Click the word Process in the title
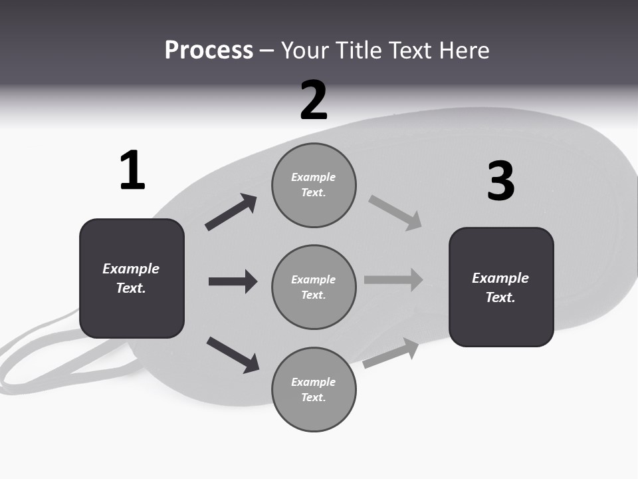pos(209,50)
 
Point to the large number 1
pos(132,171)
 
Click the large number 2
pos(314,100)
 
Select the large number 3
pos(500,181)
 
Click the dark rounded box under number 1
pos(132,278)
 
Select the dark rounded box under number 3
pos(501,287)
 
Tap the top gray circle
pos(314,185)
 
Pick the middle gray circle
pos(314,287)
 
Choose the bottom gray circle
pos(314,389)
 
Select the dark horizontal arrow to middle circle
pos(233,281)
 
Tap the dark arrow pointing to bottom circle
pos(233,354)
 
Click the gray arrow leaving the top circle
pos(395,213)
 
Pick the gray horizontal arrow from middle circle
pos(393,279)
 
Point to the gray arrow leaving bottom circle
pos(391,353)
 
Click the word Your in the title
pos(306,50)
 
